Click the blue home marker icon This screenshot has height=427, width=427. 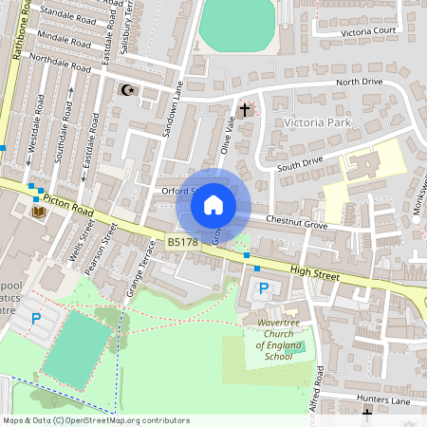pyautogui.click(x=213, y=205)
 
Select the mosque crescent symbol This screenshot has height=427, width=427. pyautogui.click(x=127, y=90)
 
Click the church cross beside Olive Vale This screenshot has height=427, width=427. pyautogui.click(x=245, y=110)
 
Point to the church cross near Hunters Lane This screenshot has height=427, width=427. pyautogui.click(x=367, y=413)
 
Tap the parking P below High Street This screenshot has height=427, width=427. pyautogui.click(x=264, y=288)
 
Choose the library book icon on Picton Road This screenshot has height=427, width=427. pyautogui.click(x=39, y=212)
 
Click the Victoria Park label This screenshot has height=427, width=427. pyautogui.click(x=317, y=123)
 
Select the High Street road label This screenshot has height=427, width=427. pyautogui.click(x=314, y=272)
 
